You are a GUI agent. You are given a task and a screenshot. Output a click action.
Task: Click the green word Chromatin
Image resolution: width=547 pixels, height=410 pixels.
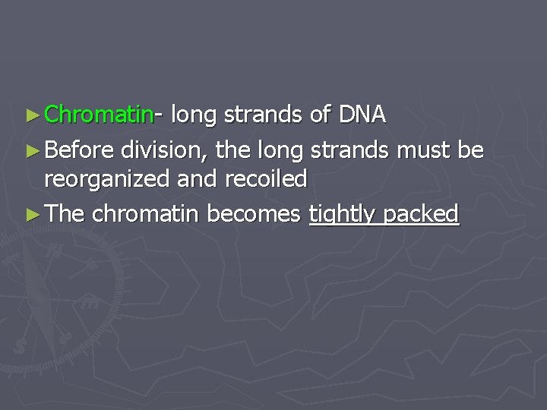click(99, 115)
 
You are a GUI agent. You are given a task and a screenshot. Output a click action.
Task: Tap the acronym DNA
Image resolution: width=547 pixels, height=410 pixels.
click(362, 115)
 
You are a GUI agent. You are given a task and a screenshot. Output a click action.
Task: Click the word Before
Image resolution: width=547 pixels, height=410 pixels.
click(78, 150)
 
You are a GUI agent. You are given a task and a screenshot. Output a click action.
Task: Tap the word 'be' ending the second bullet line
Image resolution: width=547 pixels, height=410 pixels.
click(470, 150)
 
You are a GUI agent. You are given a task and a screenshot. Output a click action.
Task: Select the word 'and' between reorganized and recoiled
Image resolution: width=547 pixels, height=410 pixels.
click(199, 179)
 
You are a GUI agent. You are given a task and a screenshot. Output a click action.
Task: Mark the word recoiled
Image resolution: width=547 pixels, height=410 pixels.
click(265, 179)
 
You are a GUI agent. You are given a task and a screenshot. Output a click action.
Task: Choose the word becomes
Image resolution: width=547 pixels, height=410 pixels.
click(254, 214)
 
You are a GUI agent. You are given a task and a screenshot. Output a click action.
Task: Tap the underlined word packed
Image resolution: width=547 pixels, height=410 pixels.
click(422, 215)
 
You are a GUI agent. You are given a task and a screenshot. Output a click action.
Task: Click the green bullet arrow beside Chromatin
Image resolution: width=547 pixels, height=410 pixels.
click(31, 115)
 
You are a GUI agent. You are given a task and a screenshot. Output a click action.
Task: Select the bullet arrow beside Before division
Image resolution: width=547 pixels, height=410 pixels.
click(31, 150)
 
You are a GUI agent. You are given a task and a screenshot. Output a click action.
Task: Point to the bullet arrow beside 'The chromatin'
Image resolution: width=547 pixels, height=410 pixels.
click(31, 214)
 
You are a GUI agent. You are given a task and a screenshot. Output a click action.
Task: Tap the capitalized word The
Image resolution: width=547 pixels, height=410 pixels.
click(65, 214)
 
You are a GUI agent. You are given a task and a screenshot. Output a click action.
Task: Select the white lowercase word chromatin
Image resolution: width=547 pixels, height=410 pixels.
click(146, 214)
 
